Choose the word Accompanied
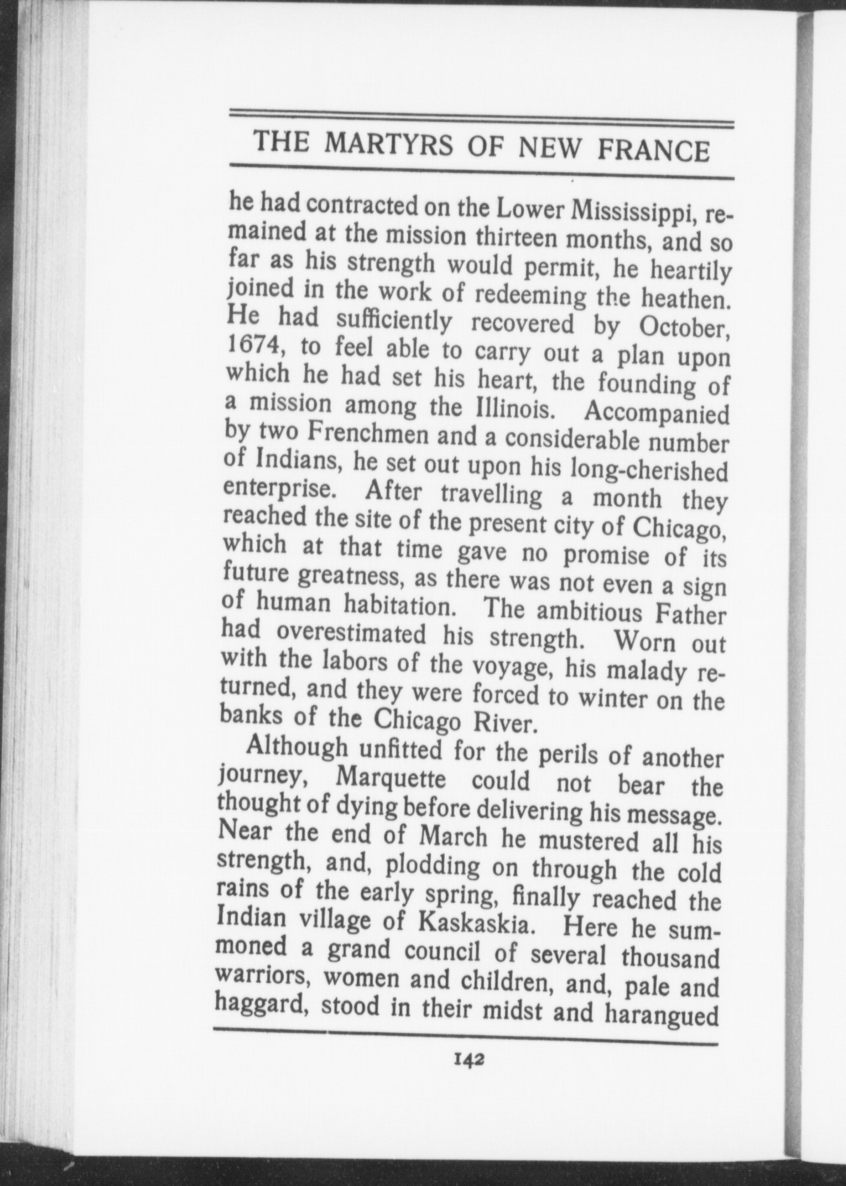[x=657, y=414]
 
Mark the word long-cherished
[x=649, y=470]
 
